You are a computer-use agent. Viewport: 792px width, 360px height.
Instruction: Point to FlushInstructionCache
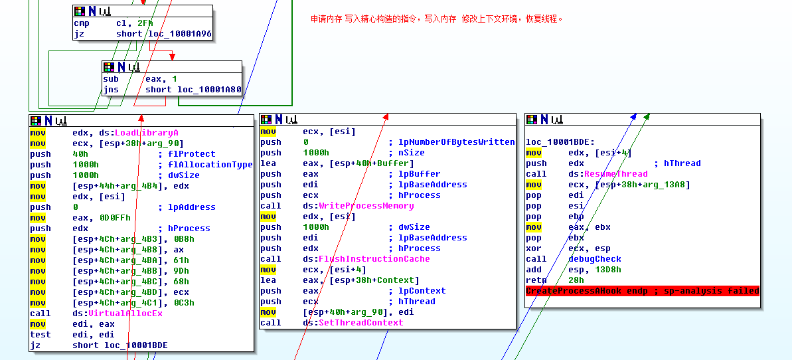pyautogui.click(x=374, y=259)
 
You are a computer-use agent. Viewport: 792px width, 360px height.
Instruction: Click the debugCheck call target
pyautogui.click(x=595, y=259)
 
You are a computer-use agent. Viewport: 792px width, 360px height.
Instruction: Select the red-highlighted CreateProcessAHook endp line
pyautogui.click(x=642, y=291)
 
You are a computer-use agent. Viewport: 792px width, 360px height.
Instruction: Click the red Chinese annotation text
pyautogui.click(x=437, y=19)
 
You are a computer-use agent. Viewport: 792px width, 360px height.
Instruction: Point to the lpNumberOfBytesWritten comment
pyautogui.click(x=456, y=142)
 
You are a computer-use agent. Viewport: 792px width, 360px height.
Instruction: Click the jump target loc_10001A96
pyautogui.click(x=179, y=34)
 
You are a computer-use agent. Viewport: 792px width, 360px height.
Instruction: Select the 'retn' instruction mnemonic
pyautogui.click(x=536, y=280)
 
